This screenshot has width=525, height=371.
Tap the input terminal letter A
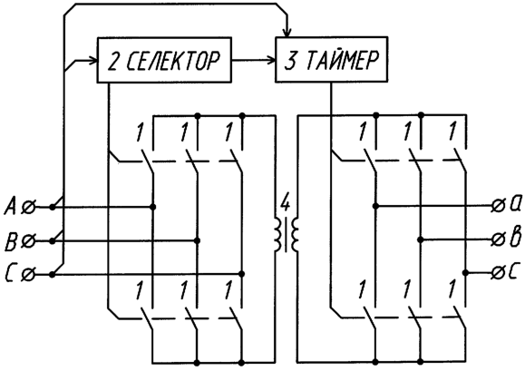coord(10,206)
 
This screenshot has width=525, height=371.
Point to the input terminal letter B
coord(11,241)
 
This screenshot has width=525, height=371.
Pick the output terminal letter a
coord(515,204)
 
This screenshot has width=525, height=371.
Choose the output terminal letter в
coord(515,237)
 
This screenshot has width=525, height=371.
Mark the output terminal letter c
coord(515,272)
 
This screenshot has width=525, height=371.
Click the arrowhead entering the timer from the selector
coord(271,60)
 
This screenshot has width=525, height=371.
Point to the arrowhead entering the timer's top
coord(287,32)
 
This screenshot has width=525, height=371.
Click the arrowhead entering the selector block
coord(92,61)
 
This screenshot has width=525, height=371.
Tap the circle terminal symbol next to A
coord(28,208)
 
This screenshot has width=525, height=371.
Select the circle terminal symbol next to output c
coord(498,273)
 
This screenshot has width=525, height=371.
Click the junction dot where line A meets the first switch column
coord(152,207)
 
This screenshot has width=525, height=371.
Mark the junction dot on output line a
coord(376,206)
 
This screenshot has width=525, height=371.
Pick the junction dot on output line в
coord(421,239)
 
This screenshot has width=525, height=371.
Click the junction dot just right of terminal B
coord(52,241)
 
